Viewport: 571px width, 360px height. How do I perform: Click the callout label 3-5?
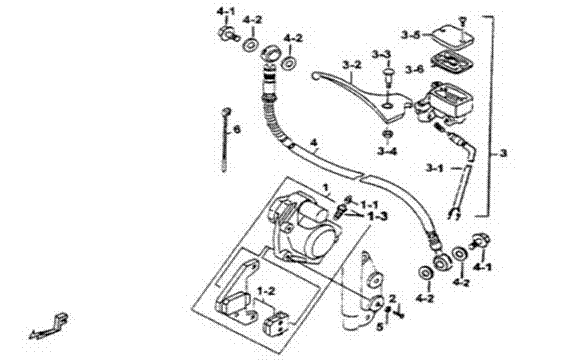411,35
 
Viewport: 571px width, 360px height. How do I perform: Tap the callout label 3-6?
415,69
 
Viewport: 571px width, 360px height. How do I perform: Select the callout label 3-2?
352,65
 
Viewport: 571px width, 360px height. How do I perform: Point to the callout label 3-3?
381,55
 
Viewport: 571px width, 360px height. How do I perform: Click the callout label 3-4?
387,151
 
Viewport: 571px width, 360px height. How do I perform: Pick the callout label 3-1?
435,168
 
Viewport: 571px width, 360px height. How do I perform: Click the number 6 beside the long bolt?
237,129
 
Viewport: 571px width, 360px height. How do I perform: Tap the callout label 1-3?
378,217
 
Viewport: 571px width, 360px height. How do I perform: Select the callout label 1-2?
266,291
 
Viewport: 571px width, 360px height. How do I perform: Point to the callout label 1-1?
370,204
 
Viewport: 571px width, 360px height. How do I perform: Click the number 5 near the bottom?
380,327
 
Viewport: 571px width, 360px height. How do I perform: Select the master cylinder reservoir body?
446,101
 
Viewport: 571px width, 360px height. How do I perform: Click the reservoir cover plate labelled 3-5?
453,36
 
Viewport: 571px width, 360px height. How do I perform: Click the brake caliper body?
300,229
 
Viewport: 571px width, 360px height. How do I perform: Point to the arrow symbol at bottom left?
49,327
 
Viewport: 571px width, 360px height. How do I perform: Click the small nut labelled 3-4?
388,134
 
